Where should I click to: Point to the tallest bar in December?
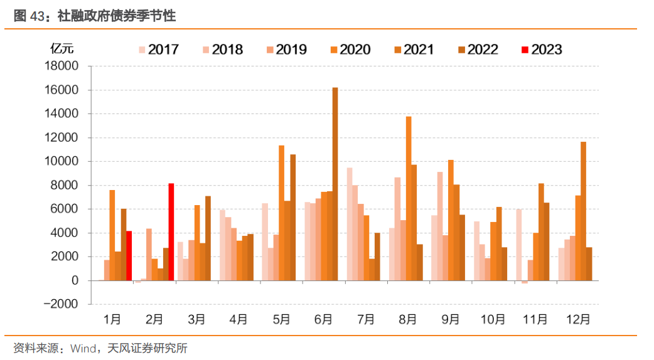[583, 211]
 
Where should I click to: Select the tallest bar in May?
[282, 213]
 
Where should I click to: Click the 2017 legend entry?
[158, 50]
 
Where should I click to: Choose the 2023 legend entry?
[540, 50]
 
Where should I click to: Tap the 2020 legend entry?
[349, 50]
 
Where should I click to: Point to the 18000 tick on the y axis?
[61, 66]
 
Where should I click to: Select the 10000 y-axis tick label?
[61, 162]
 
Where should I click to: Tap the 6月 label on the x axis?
[323, 319]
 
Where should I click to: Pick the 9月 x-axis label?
[450, 319]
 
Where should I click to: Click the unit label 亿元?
[62, 48]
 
